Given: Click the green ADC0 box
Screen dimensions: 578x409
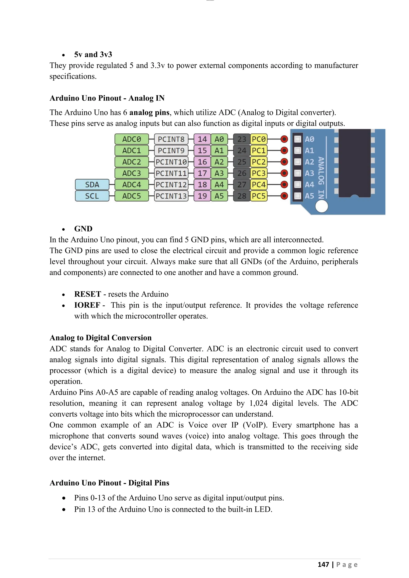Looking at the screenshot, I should (131, 139).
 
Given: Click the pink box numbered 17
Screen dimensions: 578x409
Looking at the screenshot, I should (202, 173).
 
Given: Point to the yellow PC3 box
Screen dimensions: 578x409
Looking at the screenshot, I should (259, 173).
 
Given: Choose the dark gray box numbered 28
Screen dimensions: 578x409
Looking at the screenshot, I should (242, 196).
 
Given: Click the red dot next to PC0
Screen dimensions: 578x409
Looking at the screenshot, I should (284, 139).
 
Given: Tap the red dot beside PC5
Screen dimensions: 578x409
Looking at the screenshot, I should (284, 196).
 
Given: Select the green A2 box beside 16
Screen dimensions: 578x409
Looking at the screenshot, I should (219, 162).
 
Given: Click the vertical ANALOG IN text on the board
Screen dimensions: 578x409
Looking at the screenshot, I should (321, 177).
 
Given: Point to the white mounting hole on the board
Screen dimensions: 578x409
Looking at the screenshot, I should (322, 206).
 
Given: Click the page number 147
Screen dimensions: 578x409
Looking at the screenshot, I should (323, 564).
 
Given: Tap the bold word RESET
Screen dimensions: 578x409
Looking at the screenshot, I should (87, 294).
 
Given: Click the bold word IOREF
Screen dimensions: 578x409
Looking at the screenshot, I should (87, 305).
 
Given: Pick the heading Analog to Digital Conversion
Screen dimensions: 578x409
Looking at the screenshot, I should (100, 337).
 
